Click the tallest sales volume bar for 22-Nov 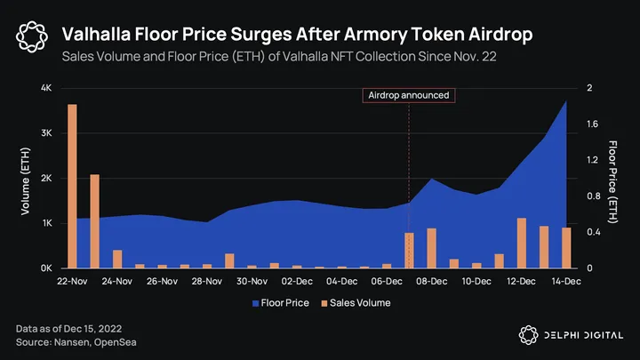click(x=72, y=186)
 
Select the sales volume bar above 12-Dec click(x=522, y=243)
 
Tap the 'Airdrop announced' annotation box click(x=409, y=95)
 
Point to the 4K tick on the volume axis click(x=47, y=88)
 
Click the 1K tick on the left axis click(x=47, y=223)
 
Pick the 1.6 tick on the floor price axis click(x=594, y=124)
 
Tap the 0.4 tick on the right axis click(x=594, y=232)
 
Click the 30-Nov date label click(x=252, y=282)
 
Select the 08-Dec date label click(x=431, y=282)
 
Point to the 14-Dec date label click(x=566, y=282)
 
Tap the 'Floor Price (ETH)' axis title click(x=612, y=178)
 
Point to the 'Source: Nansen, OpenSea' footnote click(x=76, y=342)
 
